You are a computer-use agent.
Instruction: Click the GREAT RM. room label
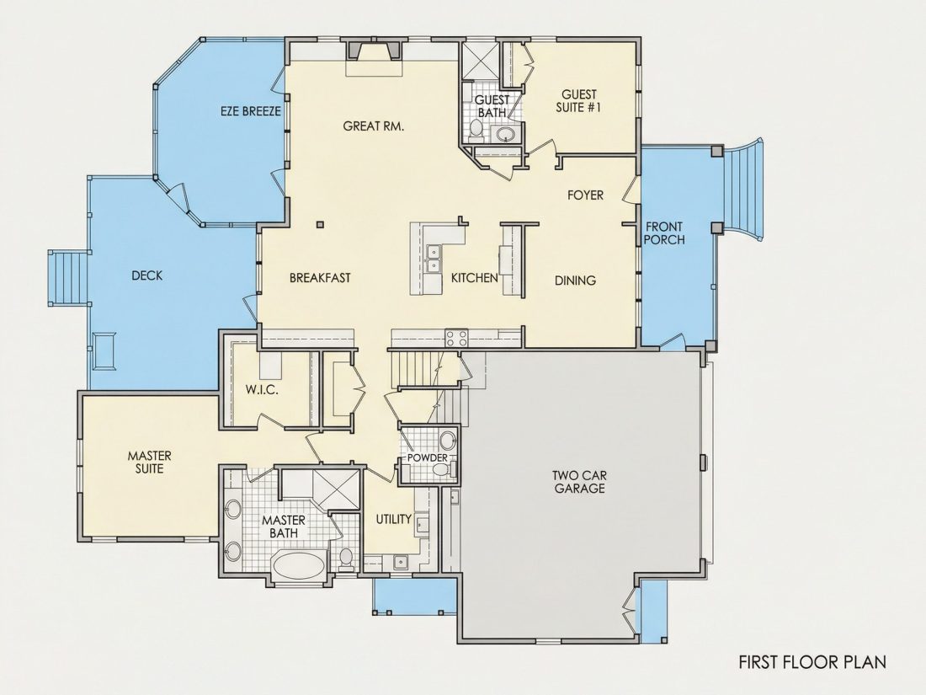coord(373,126)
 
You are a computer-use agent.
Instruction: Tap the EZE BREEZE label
coord(250,111)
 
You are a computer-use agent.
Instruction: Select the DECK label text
coord(147,275)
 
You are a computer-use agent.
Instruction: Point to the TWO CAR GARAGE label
coord(579,482)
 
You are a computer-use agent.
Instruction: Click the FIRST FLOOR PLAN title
coord(812,662)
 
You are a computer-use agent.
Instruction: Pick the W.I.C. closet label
coord(262,390)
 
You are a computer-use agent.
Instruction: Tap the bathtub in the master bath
coord(299,565)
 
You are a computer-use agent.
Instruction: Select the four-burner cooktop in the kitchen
coord(456,338)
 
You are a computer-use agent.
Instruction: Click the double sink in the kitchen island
coord(434,259)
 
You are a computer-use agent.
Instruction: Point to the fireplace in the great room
coord(373,51)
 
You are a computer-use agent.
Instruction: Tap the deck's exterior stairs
coord(68,278)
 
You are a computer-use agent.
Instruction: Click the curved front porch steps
coord(745,189)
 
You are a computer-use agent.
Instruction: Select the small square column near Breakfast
coord(320,224)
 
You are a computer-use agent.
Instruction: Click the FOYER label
coord(585,195)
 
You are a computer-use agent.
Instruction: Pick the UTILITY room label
coord(394,519)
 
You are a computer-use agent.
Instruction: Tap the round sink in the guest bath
coord(506,134)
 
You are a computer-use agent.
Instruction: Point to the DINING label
coord(575,281)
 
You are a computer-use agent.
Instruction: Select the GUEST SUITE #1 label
coord(579,101)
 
